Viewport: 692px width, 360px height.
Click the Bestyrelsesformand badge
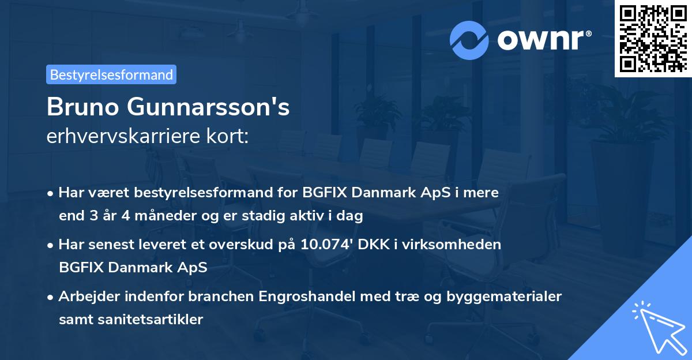click(x=111, y=74)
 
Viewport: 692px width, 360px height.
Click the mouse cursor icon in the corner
click(x=657, y=326)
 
